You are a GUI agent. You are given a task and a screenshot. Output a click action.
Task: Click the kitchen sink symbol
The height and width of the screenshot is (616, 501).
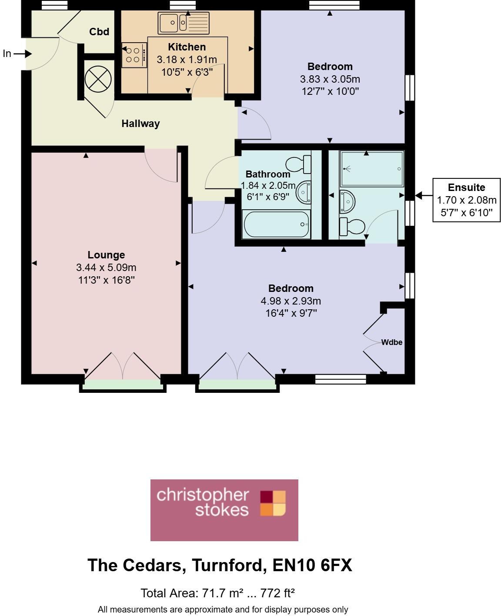click(183, 23)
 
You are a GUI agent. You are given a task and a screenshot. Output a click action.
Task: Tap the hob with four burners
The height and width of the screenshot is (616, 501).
click(133, 55)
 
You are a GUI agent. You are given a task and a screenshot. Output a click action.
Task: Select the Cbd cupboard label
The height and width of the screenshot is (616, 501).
click(99, 32)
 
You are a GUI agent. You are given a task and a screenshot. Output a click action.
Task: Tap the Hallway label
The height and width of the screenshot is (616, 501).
click(140, 124)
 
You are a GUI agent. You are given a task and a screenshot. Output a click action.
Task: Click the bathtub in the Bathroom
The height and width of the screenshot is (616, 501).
click(276, 224)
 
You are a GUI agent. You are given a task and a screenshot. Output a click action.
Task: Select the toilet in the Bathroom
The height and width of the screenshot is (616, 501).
click(299, 164)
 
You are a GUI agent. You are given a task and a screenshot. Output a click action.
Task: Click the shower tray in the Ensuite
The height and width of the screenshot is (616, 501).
click(372, 169)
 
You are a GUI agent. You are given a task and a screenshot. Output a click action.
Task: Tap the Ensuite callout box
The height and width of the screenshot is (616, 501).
click(466, 200)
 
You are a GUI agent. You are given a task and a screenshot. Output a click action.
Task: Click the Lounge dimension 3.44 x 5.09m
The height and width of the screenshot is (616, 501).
click(106, 268)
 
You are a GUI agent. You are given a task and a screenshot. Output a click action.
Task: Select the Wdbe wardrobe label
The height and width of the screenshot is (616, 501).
click(391, 342)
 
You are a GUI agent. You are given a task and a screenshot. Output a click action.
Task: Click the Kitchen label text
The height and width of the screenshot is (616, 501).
click(187, 47)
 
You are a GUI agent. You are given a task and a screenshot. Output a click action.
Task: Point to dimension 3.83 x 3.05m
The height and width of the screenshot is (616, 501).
click(330, 79)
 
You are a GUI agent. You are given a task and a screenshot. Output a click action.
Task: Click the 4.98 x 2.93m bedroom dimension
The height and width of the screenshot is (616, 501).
click(291, 301)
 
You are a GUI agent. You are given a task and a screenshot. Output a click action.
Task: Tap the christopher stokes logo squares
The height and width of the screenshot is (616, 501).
click(273, 503)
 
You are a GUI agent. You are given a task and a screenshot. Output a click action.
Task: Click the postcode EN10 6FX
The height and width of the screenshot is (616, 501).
click(312, 565)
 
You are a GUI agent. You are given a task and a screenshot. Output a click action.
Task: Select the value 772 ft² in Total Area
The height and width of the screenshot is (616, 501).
click(277, 593)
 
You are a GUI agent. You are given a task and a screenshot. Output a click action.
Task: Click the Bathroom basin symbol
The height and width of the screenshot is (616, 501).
click(304, 192)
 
